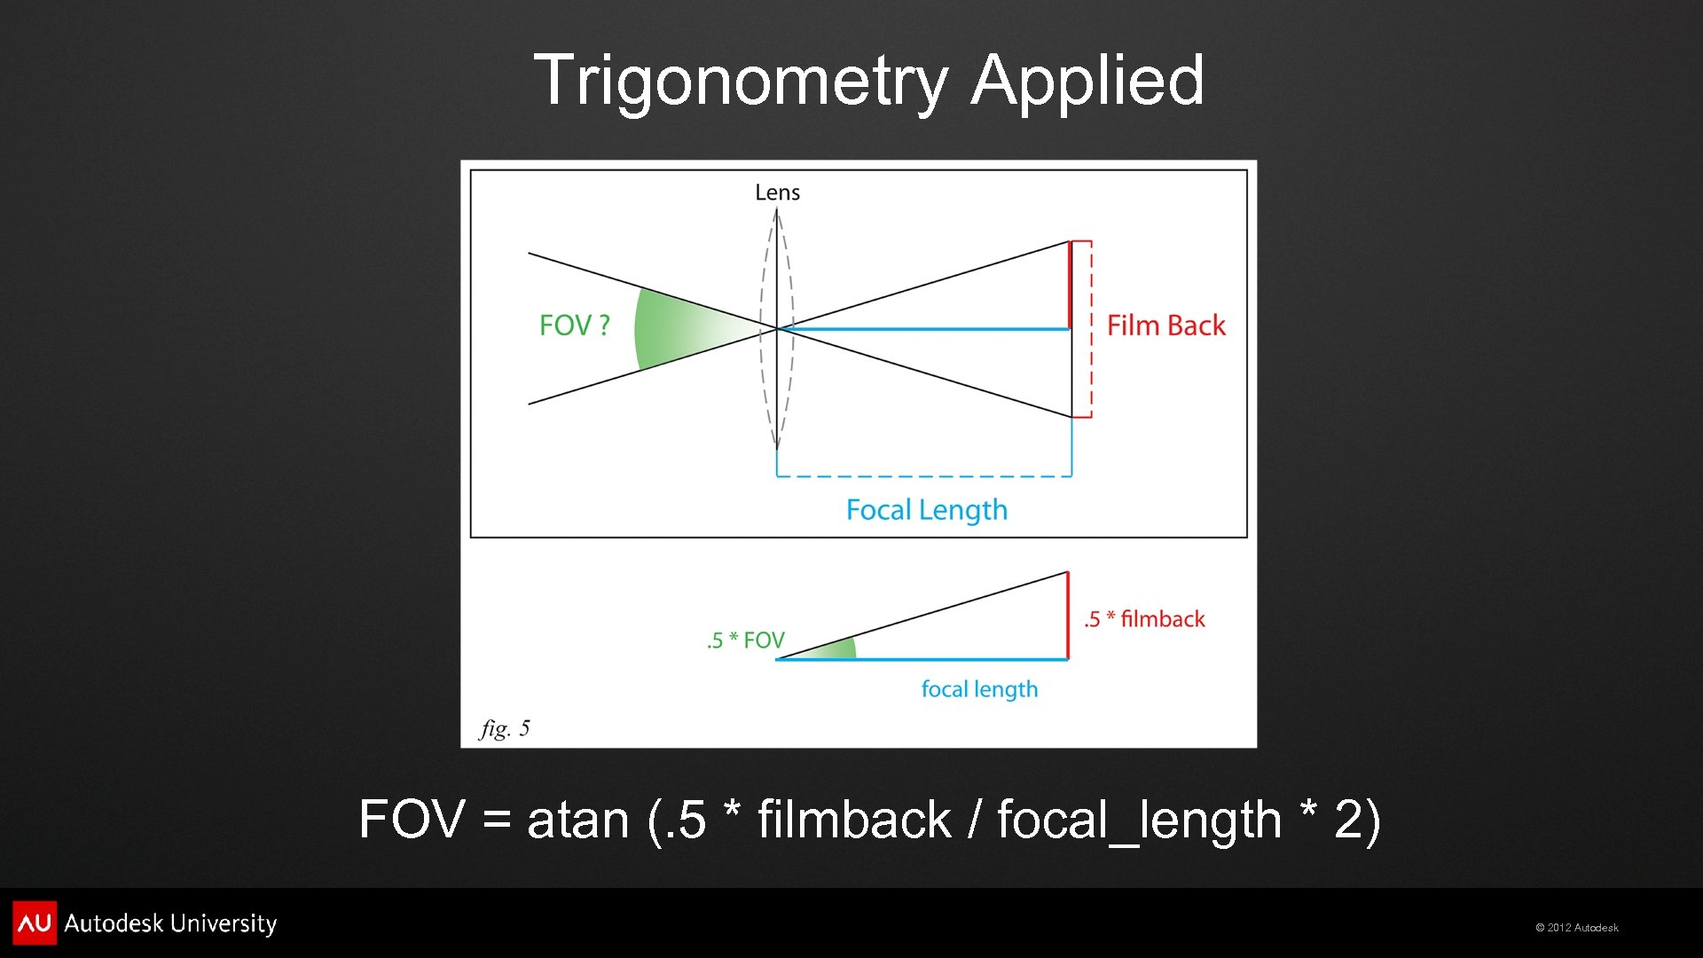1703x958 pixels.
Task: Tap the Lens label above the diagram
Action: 777,192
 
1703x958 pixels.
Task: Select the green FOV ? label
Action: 574,326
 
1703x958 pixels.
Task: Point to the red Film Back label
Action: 1165,326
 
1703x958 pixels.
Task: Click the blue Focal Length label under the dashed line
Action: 926,510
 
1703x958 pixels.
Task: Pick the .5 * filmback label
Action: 1144,619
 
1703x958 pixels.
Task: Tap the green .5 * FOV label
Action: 745,640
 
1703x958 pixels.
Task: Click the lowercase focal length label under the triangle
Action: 979,689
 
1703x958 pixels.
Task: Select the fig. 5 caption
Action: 505,728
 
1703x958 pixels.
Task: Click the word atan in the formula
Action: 577,820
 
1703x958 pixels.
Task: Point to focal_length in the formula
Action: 1139,820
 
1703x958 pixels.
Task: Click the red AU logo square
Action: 34,923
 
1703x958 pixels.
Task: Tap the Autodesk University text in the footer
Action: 170,923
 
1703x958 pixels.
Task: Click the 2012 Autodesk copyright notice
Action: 1576,928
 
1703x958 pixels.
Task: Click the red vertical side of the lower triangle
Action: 1068,616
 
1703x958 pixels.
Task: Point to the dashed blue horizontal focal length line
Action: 922,476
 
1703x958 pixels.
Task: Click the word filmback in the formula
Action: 853,820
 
